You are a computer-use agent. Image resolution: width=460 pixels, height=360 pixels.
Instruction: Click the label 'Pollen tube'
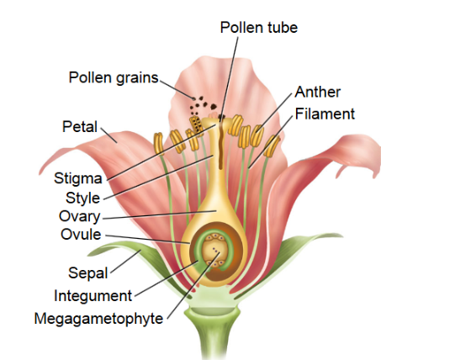pos(258,28)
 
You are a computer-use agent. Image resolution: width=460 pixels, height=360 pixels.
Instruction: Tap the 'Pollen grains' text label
pos(114,77)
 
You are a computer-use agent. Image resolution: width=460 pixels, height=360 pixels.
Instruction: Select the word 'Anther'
pos(318,92)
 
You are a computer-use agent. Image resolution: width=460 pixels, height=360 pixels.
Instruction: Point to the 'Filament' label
pos(325,113)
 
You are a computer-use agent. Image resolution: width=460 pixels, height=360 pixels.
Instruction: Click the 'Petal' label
pos(79,127)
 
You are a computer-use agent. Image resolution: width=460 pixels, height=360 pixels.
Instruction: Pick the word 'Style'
pos(82,198)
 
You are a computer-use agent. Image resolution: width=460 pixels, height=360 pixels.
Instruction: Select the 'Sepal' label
pos(86,273)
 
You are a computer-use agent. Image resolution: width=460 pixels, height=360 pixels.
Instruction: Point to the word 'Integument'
pos(93,295)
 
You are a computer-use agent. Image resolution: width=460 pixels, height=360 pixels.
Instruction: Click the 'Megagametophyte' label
pos(98,318)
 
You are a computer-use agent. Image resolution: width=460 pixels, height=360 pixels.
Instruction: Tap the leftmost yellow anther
pos(159,142)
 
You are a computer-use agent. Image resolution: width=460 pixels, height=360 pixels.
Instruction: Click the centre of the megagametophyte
pos(219,252)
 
